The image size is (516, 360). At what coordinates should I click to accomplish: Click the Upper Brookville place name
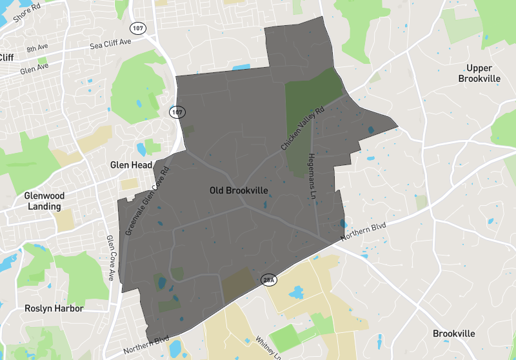pos(479,74)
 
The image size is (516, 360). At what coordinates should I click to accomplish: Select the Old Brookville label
pos(239,191)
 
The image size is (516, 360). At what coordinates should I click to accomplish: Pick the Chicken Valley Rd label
pos(302,129)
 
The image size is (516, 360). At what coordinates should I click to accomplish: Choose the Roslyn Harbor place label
pos(54,308)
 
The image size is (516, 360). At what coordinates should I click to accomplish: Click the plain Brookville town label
pos(454,334)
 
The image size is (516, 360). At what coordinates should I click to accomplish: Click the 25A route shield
pos(268,280)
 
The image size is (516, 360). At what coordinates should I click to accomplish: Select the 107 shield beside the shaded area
pos(177,112)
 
